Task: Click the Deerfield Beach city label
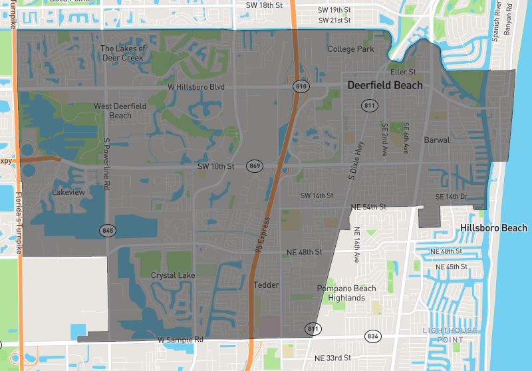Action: pyautogui.click(x=384, y=85)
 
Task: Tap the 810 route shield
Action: pyautogui.click(x=301, y=87)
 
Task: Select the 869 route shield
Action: pyautogui.click(x=253, y=165)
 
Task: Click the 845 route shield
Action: pyautogui.click(x=107, y=231)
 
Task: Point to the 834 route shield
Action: pyautogui.click(x=372, y=336)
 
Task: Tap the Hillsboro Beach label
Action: pyautogui.click(x=493, y=228)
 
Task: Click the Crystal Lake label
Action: pyautogui.click(x=173, y=275)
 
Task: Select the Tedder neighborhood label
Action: pyautogui.click(x=266, y=285)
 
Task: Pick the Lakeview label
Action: pyautogui.click(x=68, y=192)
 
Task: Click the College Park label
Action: pyautogui.click(x=350, y=49)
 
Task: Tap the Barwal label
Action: pyautogui.click(x=437, y=140)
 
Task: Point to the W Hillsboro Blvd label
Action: pyautogui.click(x=196, y=87)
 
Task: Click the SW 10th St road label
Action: pyautogui.click(x=216, y=166)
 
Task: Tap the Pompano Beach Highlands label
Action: pyautogui.click(x=346, y=293)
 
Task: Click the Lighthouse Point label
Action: pyautogui.click(x=444, y=335)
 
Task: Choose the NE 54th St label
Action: pyautogui.click(x=369, y=207)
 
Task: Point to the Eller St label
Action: pyautogui.click(x=403, y=72)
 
